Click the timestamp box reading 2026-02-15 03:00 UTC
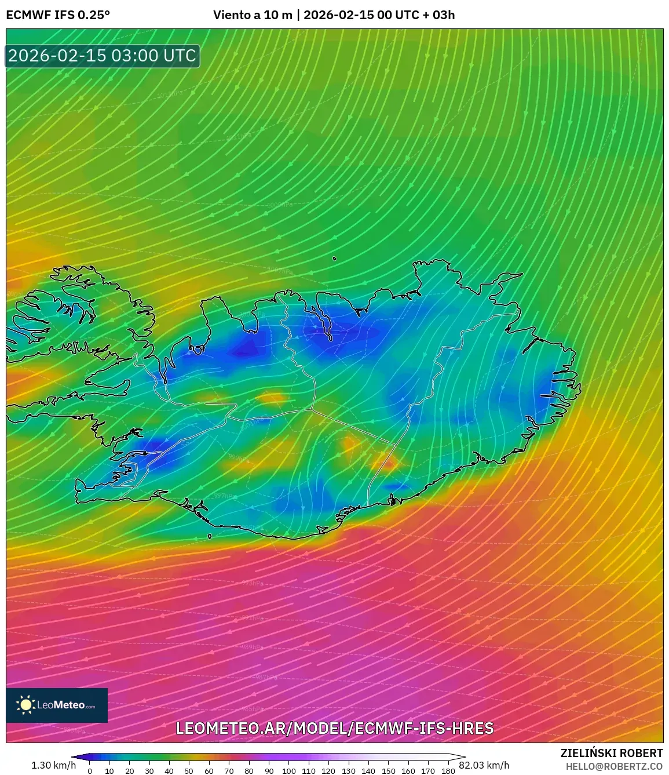click(x=103, y=56)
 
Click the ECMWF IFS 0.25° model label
click(x=58, y=15)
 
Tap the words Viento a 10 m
click(x=253, y=15)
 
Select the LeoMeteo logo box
click(x=57, y=705)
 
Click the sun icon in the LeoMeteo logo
click(x=25, y=705)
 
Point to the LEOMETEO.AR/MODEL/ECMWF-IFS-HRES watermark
click(x=334, y=728)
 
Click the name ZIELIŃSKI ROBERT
click(x=612, y=753)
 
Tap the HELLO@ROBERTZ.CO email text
click(x=614, y=766)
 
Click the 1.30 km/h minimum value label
click(x=53, y=765)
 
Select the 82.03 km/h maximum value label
click(x=484, y=765)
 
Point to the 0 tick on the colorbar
click(x=90, y=771)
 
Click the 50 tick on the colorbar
click(x=189, y=771)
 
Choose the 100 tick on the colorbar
click(x=288, y=771)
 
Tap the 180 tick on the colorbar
click(x=448, y=771)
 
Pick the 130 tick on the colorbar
click(x=348, y=771)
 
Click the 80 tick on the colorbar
click(x=248, y=771)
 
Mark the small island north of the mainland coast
click(x=335, y=259)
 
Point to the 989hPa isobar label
click(x=252, y=647)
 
